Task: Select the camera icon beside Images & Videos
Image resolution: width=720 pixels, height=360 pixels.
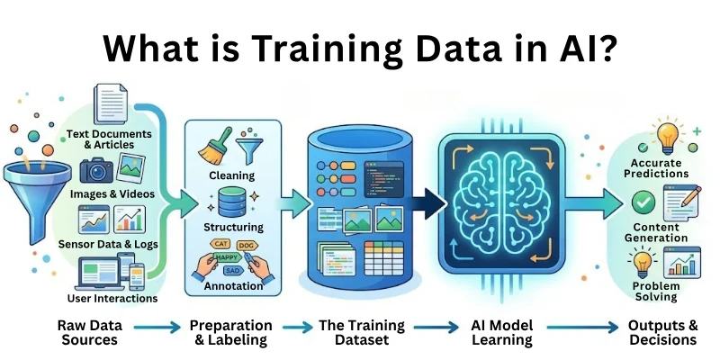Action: [96, 170]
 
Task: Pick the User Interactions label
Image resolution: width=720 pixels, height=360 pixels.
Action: [113, 298]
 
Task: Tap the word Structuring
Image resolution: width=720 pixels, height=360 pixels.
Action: [233, 228]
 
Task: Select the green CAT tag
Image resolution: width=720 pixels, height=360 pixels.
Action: [219, 242]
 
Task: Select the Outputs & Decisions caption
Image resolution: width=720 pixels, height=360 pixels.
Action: [663, 332]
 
